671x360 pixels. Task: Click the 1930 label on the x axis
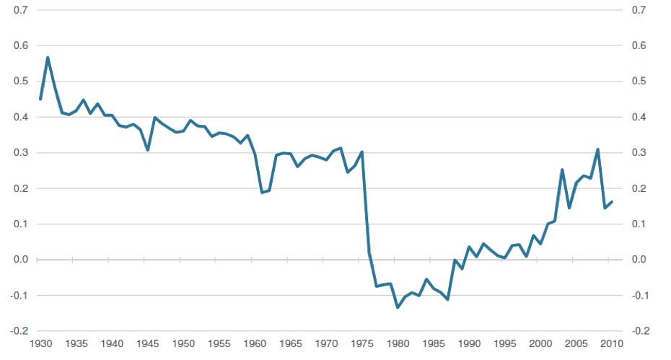40,343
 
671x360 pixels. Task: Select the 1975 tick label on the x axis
362,343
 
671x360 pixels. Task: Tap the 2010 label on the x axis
612,343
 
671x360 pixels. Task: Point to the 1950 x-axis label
183,343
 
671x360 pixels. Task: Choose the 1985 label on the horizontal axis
434,343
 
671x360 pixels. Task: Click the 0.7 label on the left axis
21,10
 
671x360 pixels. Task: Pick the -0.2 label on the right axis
640,331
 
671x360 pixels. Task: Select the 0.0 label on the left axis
21,260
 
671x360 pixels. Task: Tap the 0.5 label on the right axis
639,81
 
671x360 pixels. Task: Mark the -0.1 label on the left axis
19,295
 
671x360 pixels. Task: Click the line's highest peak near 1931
48,58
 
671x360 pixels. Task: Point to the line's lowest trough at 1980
398,307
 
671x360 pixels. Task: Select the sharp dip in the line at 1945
148,150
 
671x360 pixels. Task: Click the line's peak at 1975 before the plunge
362,152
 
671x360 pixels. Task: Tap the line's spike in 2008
598,149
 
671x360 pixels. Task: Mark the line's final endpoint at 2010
612,201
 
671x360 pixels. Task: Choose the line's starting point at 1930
40,100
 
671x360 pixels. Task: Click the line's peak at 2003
562,170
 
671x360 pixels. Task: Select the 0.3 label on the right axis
639,152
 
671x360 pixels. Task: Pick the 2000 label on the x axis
540,343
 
